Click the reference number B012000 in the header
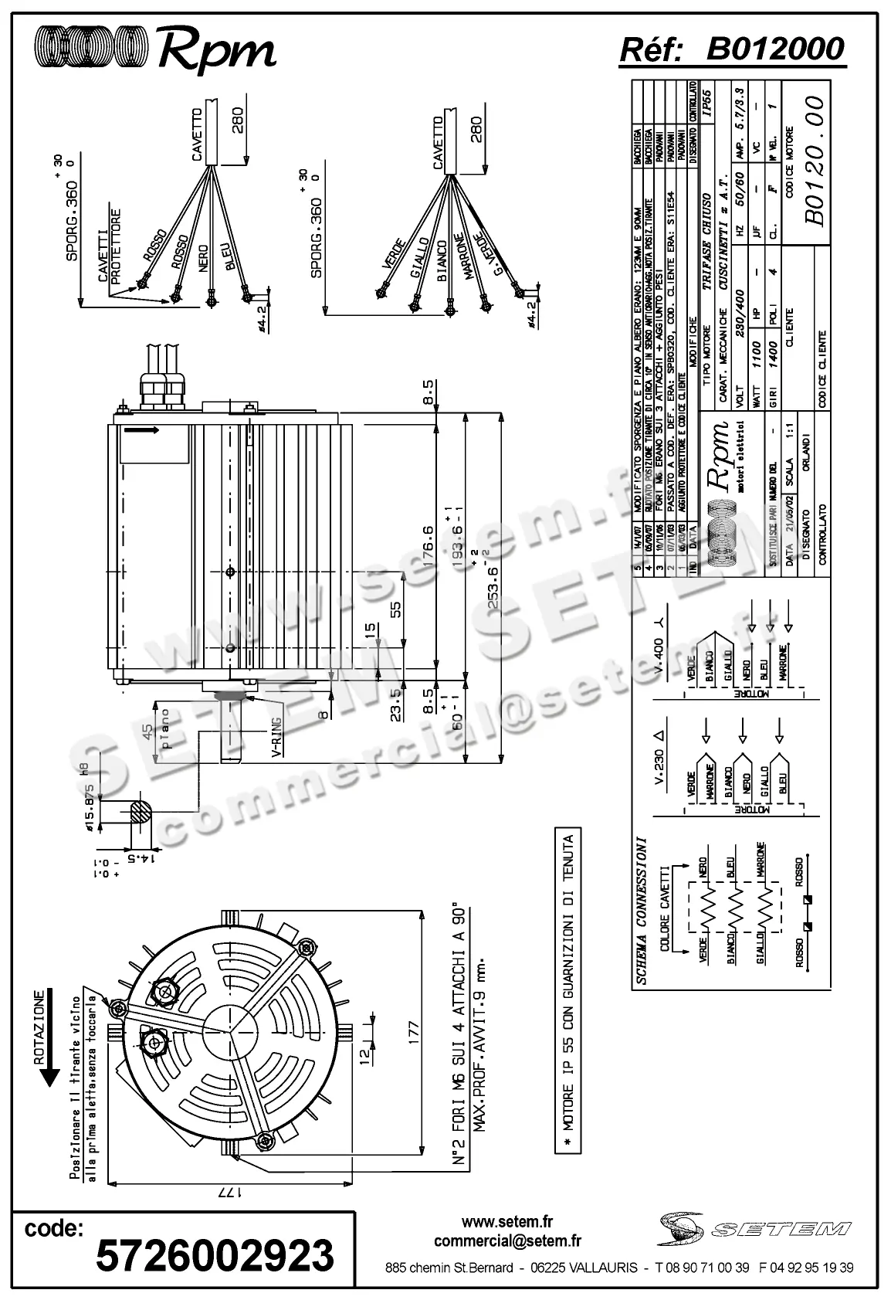tap(775, 49)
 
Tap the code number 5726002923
tap(215, 1255)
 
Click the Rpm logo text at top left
tap(217, 50)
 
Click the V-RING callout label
tap(276, 739)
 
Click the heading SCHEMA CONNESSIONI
tap(641, 911)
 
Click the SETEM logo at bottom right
tap(757, 1227)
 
